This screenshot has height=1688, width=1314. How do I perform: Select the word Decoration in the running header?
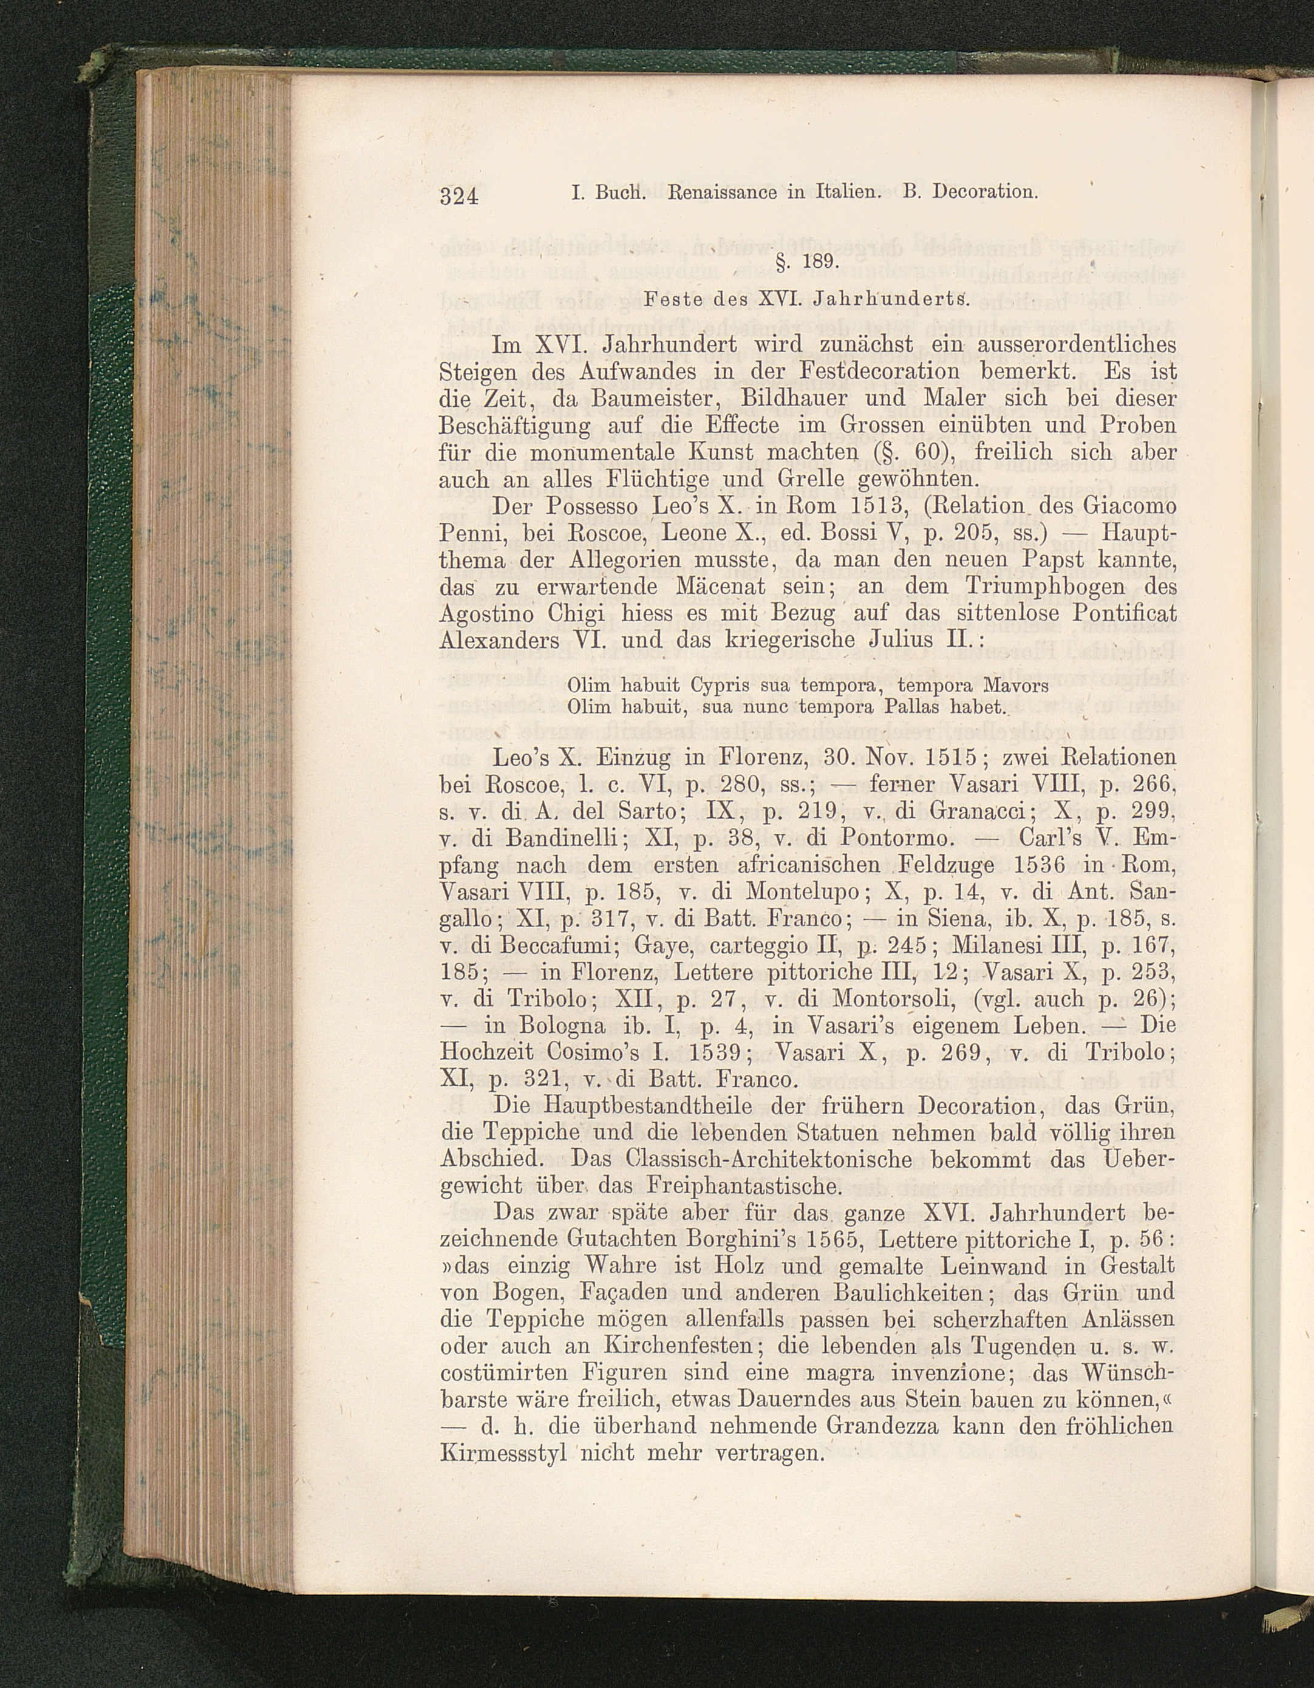pos(983,192)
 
